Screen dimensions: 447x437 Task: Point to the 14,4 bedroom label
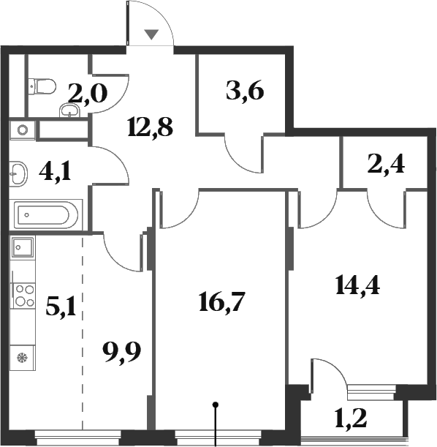357,283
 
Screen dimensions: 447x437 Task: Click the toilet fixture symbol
42,87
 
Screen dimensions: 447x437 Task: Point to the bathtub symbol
44,215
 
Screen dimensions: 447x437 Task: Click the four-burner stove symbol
23,294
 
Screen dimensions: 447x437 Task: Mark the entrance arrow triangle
151,34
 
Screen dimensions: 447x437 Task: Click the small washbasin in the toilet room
71,112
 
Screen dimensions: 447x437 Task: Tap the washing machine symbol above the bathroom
23,131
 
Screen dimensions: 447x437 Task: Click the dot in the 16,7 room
216,403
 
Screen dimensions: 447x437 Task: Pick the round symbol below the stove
22,358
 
